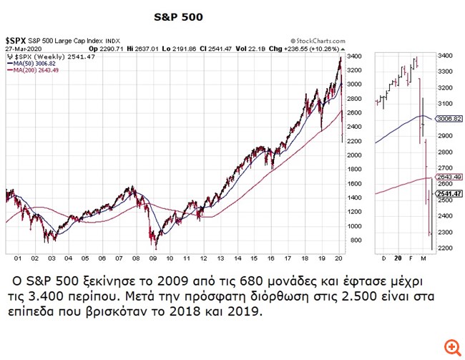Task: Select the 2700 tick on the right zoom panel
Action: click(x=445, y=168)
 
